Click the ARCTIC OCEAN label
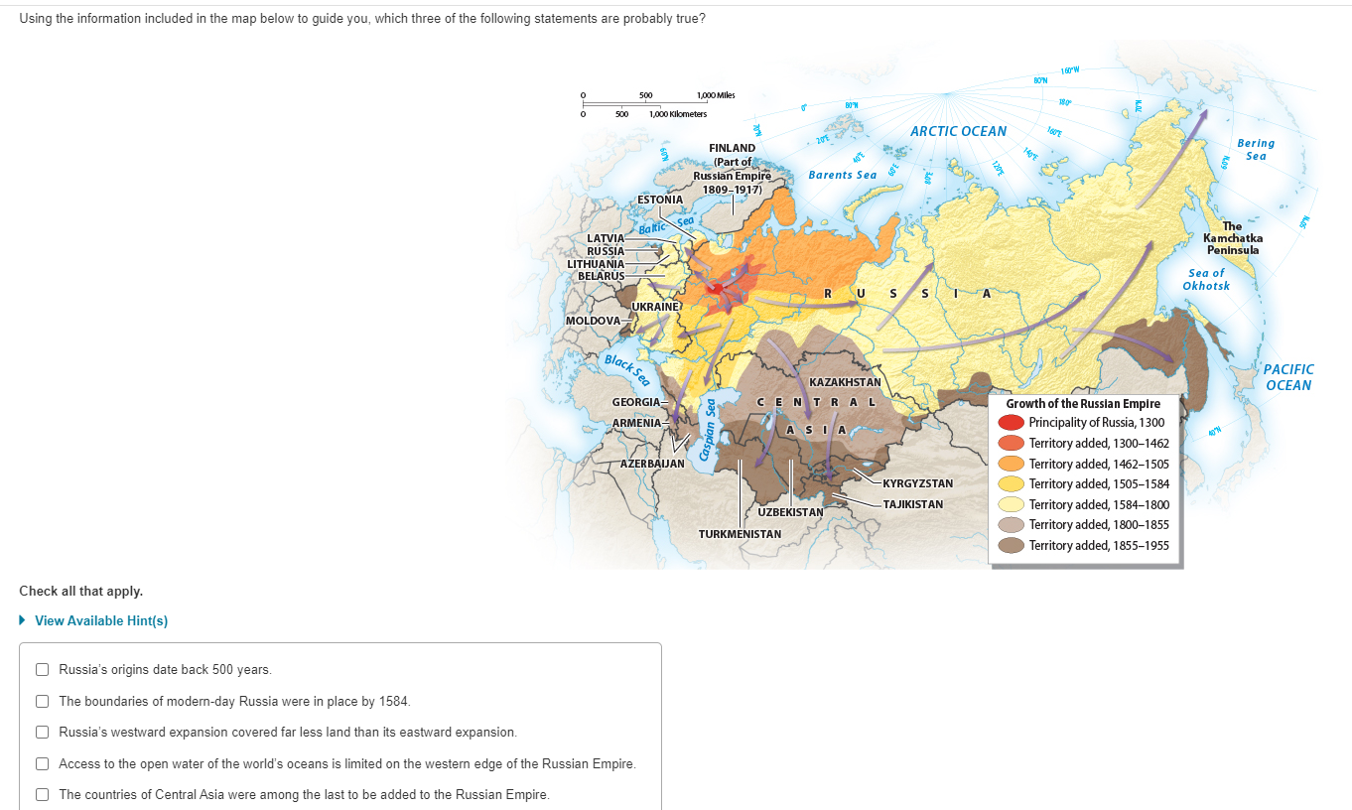958,131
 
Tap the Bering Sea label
1255,149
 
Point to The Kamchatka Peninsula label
1232,238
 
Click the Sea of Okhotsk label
1206,279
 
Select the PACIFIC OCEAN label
1287,377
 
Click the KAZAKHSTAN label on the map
845,382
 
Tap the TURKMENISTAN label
740,534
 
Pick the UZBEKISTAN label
790,512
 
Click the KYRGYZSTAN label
917,483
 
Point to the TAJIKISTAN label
912,504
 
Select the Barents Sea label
842,175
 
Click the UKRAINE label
655,307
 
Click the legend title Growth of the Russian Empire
1083,404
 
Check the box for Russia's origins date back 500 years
43,669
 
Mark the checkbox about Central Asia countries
43,794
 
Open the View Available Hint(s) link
100,620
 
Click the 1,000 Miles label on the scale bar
716,95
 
